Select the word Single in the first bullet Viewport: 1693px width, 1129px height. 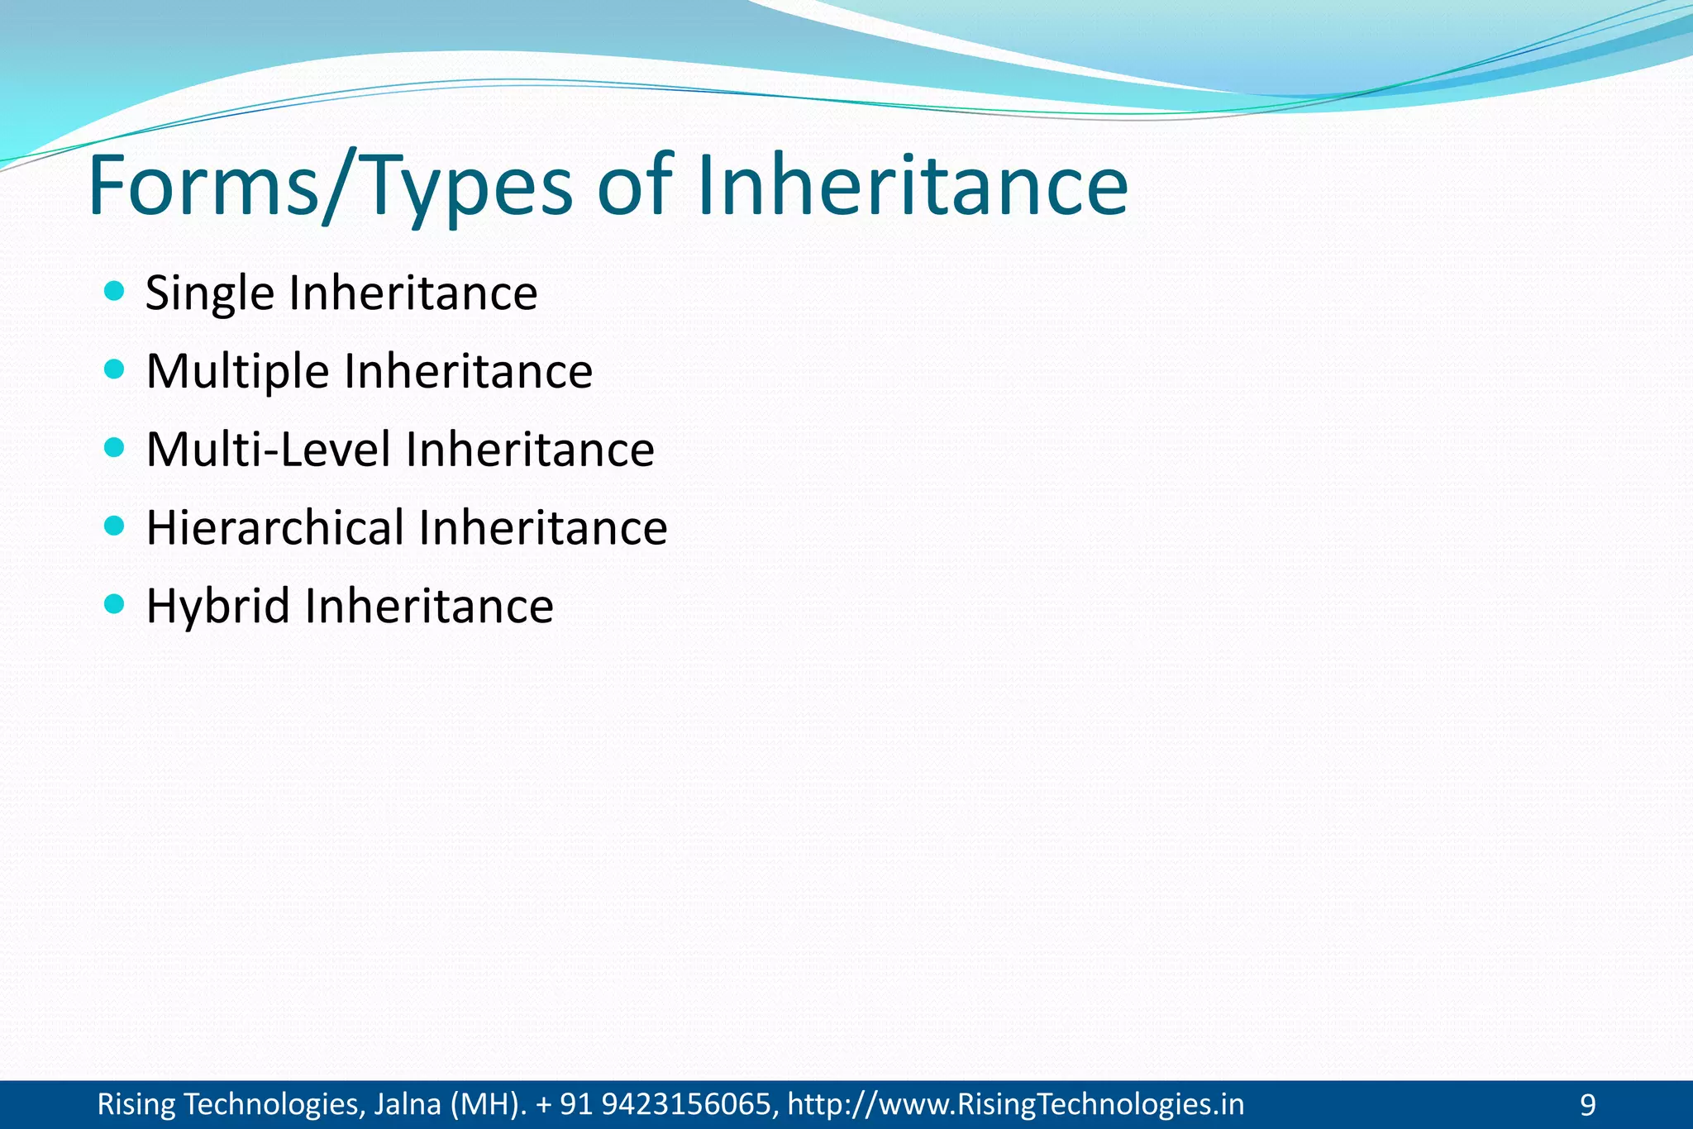click(209, 294)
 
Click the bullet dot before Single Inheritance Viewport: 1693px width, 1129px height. click(115, 291)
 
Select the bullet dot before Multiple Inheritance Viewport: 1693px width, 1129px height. click(115, 369)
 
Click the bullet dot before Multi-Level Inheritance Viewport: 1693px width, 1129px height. click(115, 447)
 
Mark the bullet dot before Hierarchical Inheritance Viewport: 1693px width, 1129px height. click(115, 526)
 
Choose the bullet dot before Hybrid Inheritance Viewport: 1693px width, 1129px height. click(115, 604)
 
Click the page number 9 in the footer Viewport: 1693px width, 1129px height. click(1587, 1105)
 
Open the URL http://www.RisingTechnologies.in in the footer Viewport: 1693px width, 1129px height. click(1015, 1104)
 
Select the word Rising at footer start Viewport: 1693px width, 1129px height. click(136, 1105)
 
